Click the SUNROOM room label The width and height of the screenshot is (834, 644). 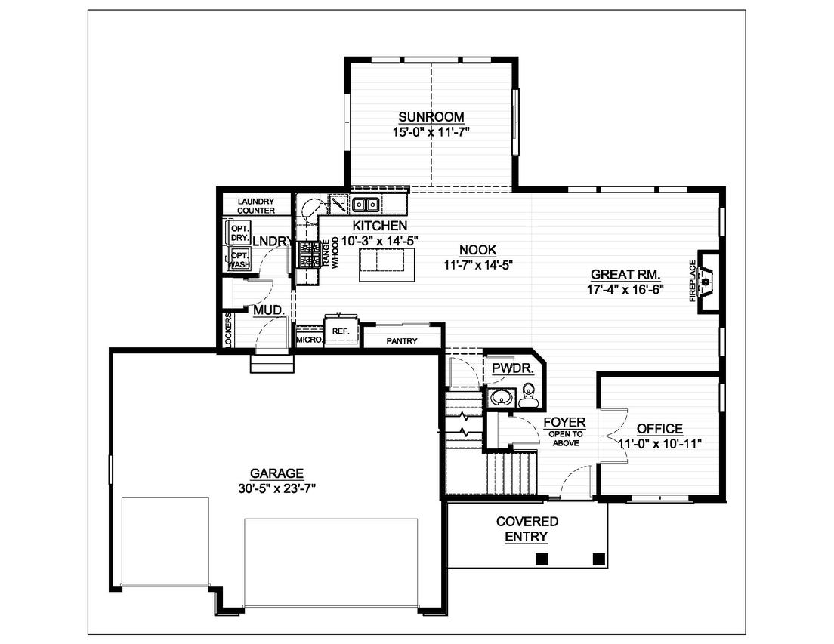(431, 117)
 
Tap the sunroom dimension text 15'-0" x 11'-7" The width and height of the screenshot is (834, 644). (431, 131)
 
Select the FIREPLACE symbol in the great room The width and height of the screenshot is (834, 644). (706, 282)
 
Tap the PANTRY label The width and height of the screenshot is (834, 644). (402, 341)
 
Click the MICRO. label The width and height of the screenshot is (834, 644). (308, 340)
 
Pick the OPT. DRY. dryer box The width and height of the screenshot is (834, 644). (240, 233)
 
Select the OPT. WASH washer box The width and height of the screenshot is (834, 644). (240, 259)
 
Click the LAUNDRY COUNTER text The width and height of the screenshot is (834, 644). (255, 206)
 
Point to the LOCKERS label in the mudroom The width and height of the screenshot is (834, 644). (228, 330)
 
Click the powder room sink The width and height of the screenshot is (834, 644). (499, 397)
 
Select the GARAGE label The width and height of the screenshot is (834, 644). (276, 473)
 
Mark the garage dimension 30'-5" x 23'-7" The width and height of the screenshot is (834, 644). (276, 488)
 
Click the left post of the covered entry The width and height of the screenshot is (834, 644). (542, 559)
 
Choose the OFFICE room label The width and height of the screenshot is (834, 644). (659, 429)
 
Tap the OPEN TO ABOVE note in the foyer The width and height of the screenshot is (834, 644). (565, 439)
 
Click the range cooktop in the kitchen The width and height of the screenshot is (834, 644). (307, 254)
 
